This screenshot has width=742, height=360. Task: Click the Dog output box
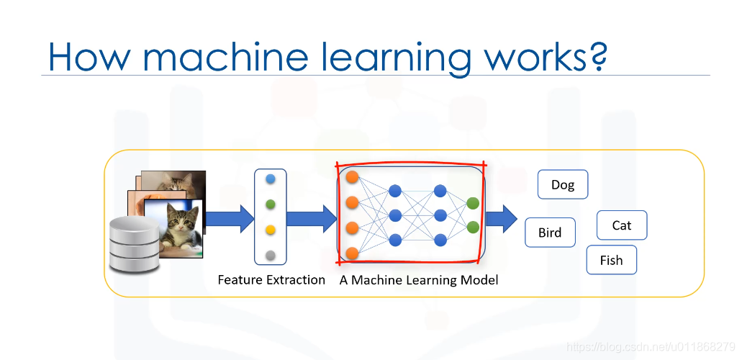click(x=563, y=184)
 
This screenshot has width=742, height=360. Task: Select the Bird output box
click(x=550, y=233)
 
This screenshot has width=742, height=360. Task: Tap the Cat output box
click(x=622, y=225)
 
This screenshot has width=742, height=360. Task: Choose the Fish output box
click(x=611, y=260)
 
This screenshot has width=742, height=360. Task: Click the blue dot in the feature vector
click(x=270, y=179)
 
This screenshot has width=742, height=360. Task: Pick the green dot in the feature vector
click(x=270, y=204)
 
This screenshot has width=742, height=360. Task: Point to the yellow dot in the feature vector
click(x=270, y=230)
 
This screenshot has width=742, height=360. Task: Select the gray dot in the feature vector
click(x=270, y=255)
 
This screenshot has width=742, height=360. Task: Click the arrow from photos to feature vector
click(x=229, y=218)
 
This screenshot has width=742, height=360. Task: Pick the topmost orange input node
click(x=353, y=176)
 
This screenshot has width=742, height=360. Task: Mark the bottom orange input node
click(x=353, y=253)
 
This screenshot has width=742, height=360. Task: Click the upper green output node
click(x=473, y=203)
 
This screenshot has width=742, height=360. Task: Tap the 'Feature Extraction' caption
click(x=271, y=279)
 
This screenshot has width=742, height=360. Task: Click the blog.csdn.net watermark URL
click(x=651, y=347)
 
